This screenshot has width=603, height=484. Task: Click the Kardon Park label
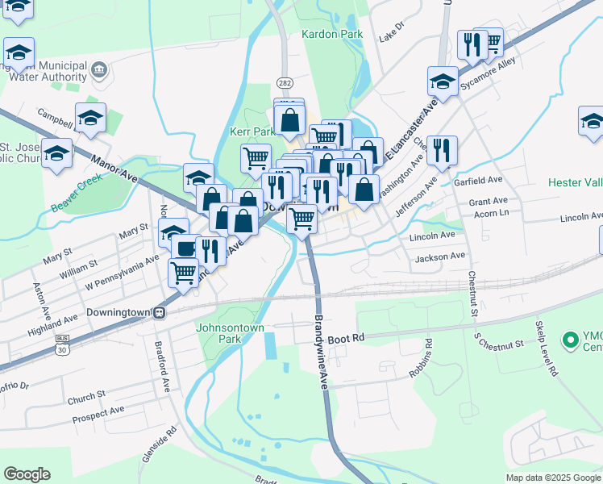332,35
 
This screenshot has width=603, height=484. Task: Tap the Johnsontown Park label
218,333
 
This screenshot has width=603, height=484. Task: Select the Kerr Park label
252,131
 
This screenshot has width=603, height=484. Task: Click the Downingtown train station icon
160,312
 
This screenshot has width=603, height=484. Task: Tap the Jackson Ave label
440,257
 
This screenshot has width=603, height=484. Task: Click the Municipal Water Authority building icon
99,69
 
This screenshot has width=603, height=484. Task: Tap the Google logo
27,474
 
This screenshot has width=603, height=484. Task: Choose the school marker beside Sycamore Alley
442,80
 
